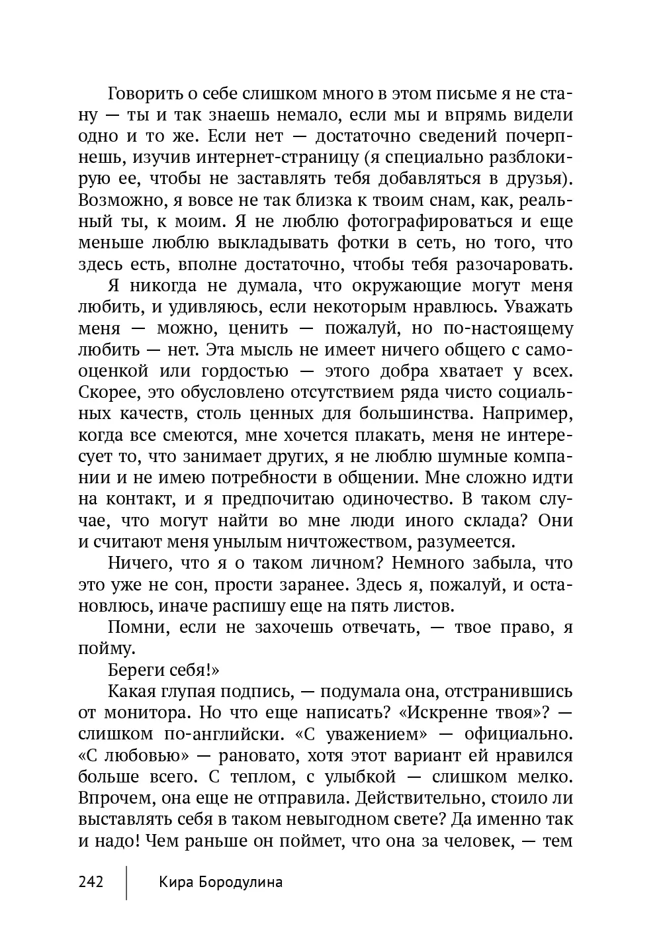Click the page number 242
click(91, 882)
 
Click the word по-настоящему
click(507, 328)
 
